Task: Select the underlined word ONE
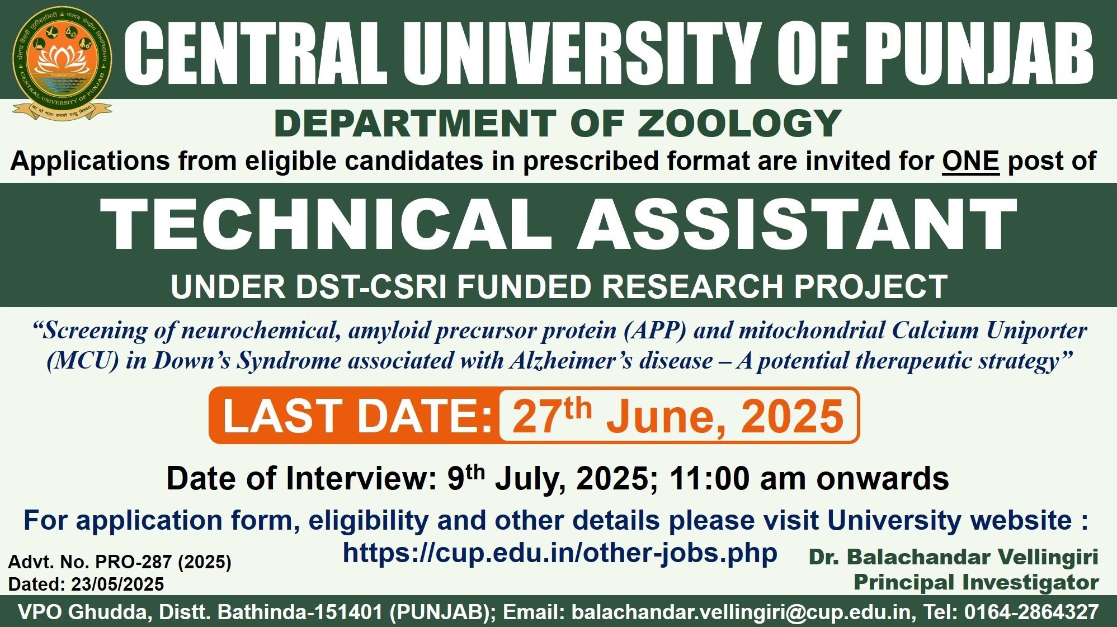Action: pyautogui.click(x=970, y=161)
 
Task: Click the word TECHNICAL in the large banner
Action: pyautogui.click(x=326, y=224)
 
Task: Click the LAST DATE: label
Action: pyautogui.click(x=357, y=416)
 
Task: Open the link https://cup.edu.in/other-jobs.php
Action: pyautogui.click(x=560, y=553)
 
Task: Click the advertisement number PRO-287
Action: pyautogui.click(x=133, y=562)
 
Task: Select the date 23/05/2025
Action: pyautogui.click(x=117, y=584)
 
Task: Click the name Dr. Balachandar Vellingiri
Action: pyautogui.click(x=954, y=557)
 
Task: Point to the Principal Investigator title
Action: pyautogui.click(x=976, y=582)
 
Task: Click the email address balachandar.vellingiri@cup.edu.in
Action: pyautogui.click(x=742, y=612)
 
